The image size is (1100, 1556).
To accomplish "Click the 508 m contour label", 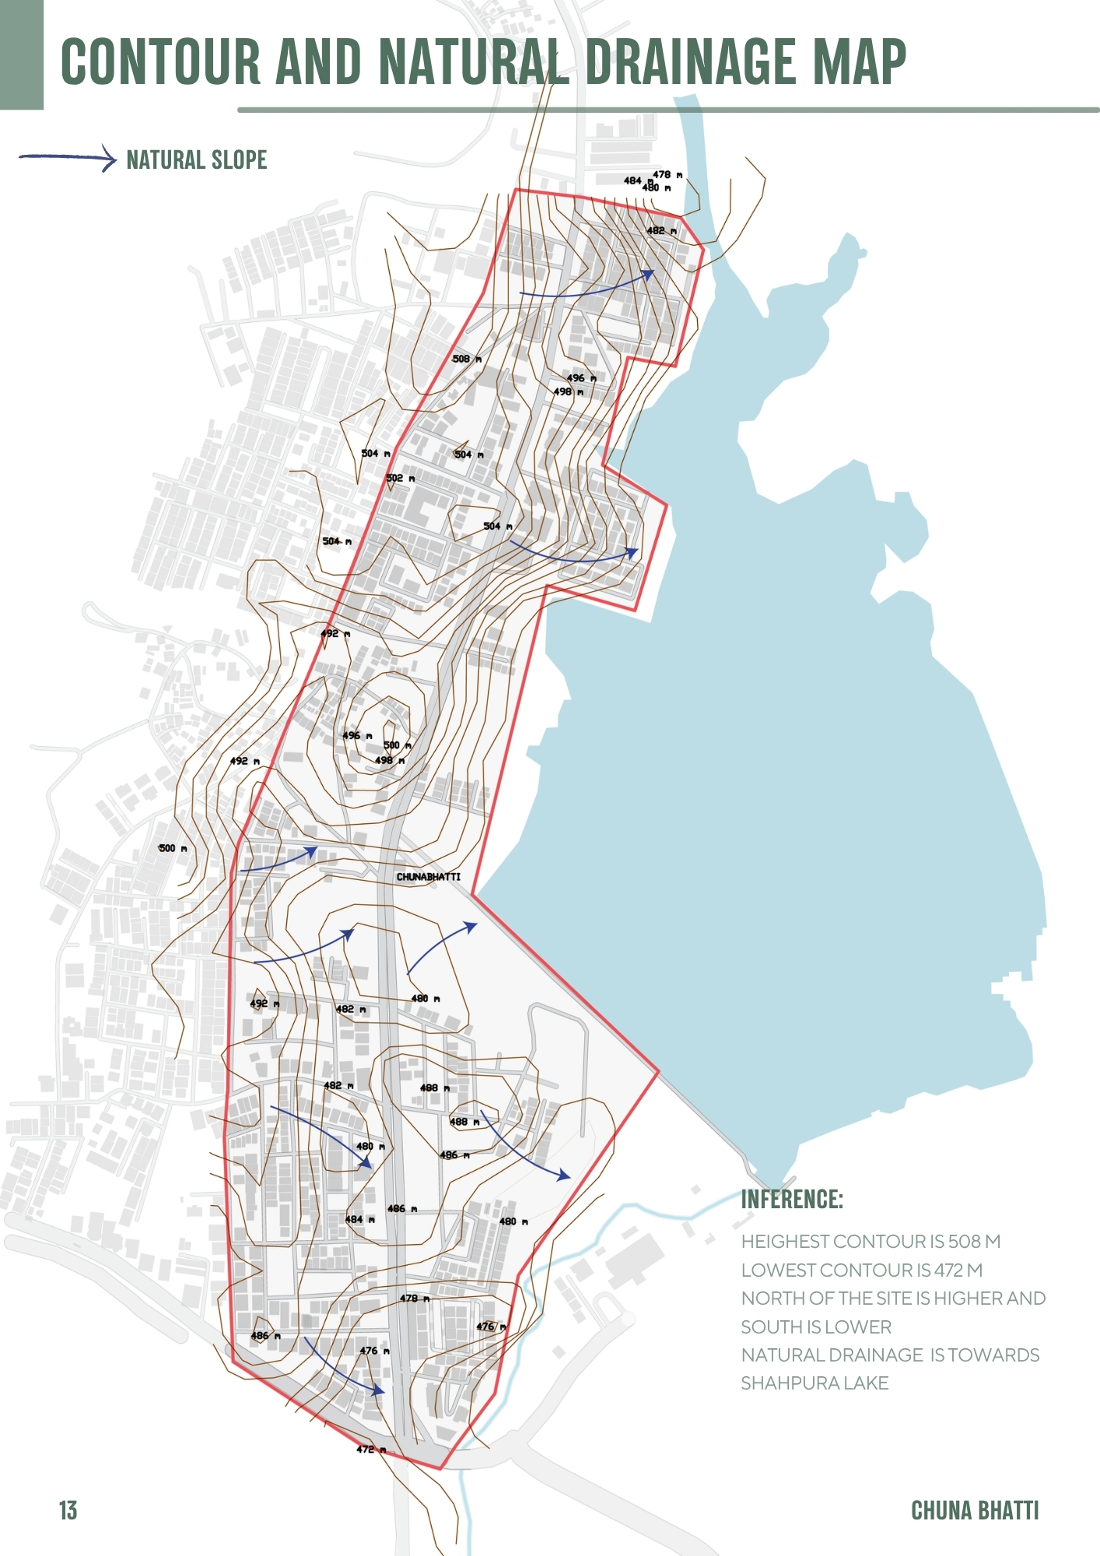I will [467, 359].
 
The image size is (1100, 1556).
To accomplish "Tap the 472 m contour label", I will [371, 1449].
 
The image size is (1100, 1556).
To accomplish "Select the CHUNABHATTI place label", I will [428, 877].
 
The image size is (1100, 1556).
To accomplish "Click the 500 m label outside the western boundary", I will [173, 848].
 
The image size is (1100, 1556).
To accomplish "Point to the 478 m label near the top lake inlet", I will [667, 175].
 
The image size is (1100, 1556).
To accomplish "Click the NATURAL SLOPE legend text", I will [196, 160].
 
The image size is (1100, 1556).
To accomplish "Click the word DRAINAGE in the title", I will [690, 62].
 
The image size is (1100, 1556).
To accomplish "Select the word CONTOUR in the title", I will [160, 62].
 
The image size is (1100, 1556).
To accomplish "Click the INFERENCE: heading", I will [791, 1199].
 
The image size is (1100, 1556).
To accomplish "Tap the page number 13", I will [68, 1510].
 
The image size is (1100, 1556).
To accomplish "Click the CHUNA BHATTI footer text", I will [974, 1510].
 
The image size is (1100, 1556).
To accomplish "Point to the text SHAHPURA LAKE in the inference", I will [814, 1383].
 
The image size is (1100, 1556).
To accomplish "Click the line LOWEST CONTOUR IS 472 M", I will [861, 1270].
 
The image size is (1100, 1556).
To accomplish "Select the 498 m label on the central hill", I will [390, 760].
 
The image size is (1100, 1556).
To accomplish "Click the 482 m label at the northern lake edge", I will [661, 231].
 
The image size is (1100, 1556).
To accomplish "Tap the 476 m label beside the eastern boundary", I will [491, 1326].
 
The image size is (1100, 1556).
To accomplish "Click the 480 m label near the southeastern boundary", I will [513, 1221].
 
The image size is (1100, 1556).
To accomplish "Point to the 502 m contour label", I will [400, 478].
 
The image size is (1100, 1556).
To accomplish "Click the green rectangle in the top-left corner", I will [21, 54].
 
